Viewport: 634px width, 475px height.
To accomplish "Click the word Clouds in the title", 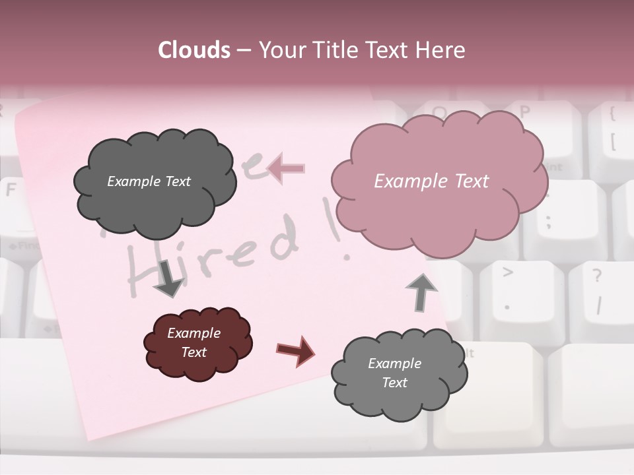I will pyautogui.click(x=194, y=50).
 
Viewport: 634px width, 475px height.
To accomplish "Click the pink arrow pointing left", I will pyautogui.click(x=287, y=169).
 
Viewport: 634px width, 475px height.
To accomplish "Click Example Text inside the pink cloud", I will pyautogui.click(x=431, y=181).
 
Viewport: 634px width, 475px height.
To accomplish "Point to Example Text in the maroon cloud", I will pyautogui.click(x=194, y=342).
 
